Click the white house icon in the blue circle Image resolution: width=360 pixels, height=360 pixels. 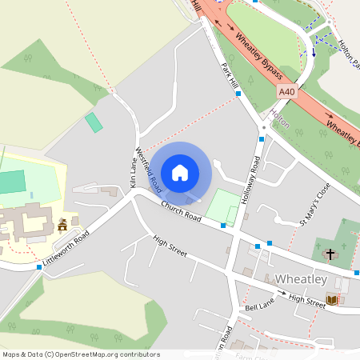pyautogui.click(x=180, y=172)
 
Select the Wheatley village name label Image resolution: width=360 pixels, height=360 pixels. pyautogui.click(x=300, y=279)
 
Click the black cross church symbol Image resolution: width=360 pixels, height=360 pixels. pyautogui.click(x=330, y=254)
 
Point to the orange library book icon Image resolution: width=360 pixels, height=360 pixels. pyautogui.click(x=332, y=300)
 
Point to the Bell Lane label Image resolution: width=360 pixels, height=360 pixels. pyautogui.click(x=260, y=306)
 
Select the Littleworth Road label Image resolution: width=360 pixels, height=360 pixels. pyautogui.click(x=66, y=247)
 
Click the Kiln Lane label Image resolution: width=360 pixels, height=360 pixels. pyautogui.click(x=133, y=174)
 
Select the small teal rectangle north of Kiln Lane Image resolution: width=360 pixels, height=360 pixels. pyautogui.click(x=94, y=122)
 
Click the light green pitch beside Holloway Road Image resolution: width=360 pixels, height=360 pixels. pyautogui.click(x=222, y=206)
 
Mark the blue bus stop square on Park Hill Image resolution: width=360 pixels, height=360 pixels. pyautogui.click(x=238, y=94)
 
